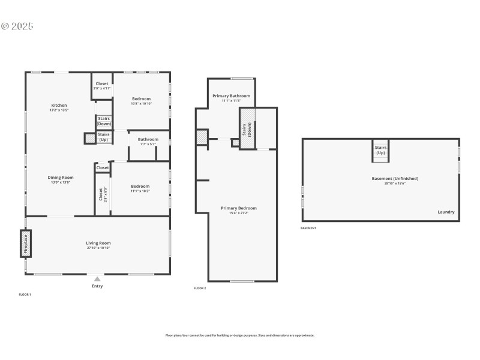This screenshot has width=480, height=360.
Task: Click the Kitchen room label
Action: (59, 106)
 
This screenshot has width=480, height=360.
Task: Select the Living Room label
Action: (98, 243)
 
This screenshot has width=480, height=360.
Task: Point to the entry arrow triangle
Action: (97, 279)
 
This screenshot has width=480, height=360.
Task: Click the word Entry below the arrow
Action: (97, 286)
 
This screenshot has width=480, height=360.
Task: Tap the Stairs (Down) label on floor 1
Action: (104, 121)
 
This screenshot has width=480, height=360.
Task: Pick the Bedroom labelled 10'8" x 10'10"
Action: (142, 98)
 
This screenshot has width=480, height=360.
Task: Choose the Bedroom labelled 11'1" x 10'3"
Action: (140, 186)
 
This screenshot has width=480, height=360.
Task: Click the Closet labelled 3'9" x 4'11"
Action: (102, 84)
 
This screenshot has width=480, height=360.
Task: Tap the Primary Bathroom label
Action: (231, 95)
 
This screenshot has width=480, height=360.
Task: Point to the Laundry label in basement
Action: (446, 212)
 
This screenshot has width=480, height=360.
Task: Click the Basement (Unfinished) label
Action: (395, 178)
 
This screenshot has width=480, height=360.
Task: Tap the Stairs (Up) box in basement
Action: (380, 150)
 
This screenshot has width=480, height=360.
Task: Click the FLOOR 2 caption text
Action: (200, 289)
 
